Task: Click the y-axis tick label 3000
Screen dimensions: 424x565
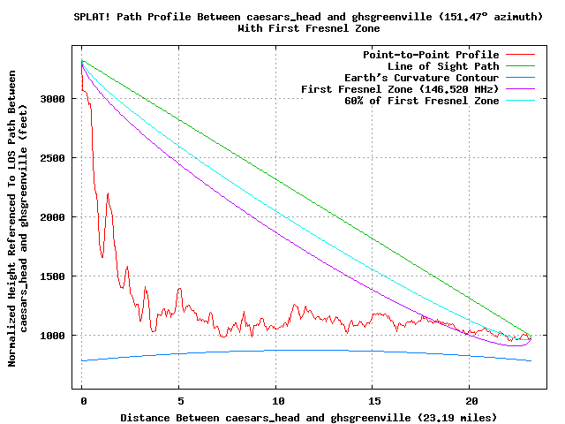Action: coord(55,99)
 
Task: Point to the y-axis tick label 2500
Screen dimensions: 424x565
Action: coord(55,158)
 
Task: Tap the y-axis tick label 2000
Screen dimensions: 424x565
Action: coord(55,217)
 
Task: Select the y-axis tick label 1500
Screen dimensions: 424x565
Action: coord(55,276)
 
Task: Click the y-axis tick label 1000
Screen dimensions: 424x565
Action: coord(55,336)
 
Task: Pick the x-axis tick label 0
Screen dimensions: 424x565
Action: coord(82,400)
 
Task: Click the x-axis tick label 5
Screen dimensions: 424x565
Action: coord(179,400)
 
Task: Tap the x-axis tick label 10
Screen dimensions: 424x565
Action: coord(276,400)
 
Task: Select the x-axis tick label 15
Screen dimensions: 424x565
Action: coord(373,400)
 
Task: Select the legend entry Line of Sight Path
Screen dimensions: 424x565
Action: coord(443,66)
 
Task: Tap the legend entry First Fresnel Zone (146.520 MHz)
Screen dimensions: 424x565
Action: coord(400,89)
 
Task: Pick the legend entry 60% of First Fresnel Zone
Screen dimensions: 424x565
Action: coord(421,101)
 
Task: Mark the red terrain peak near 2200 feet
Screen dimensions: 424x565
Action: coord(108,193)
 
